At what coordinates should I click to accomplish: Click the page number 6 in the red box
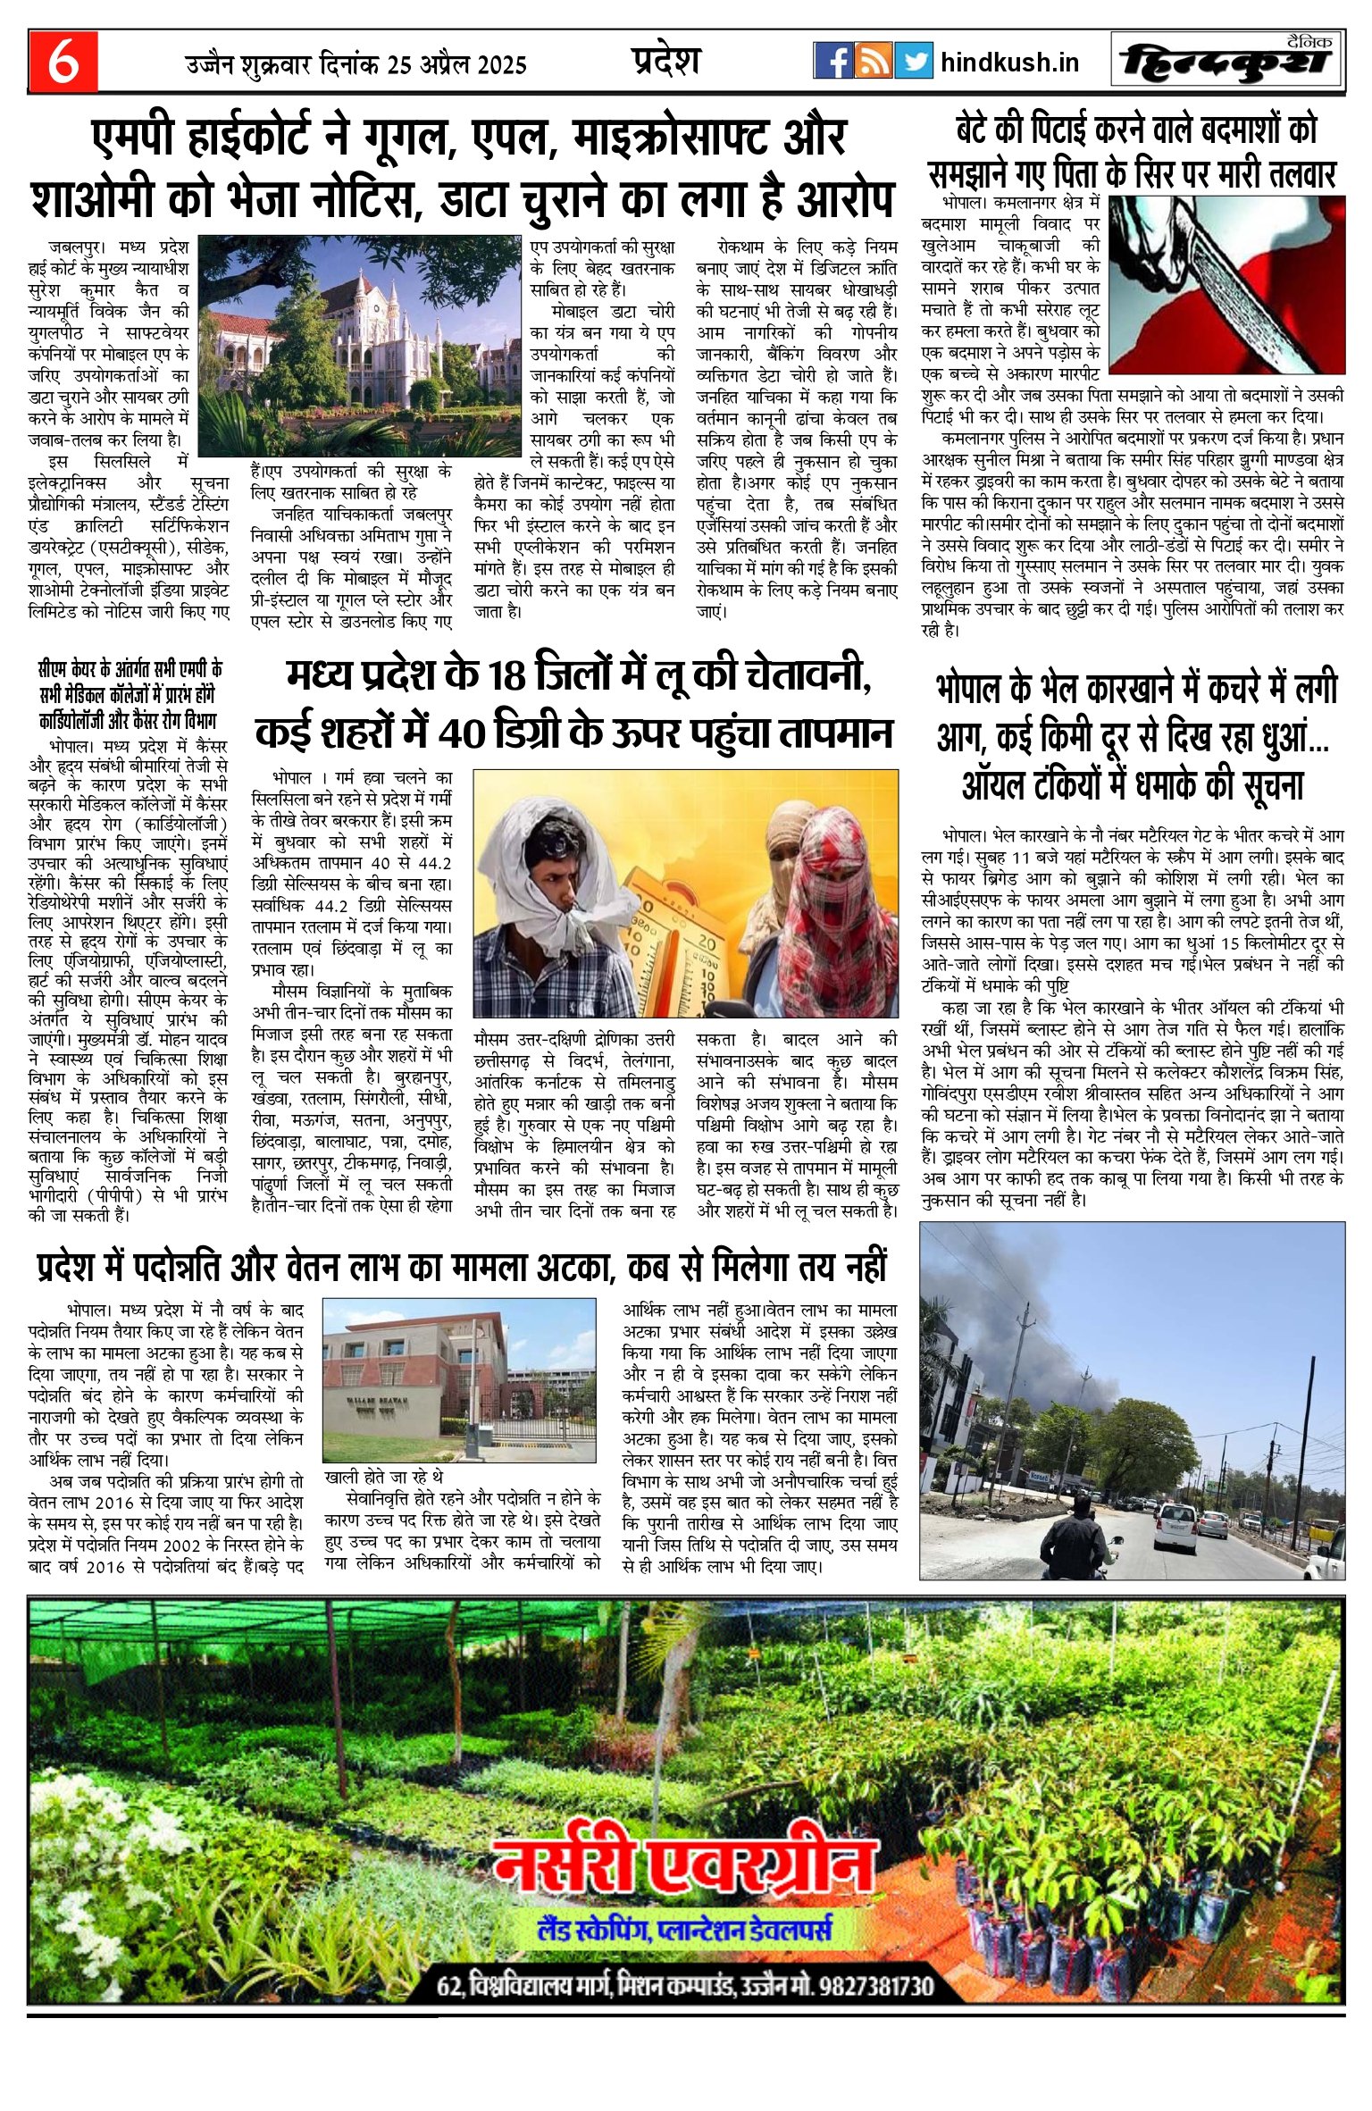[63, 62]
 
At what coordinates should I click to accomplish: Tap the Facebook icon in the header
[832, 61]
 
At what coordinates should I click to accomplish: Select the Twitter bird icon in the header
[914, 61]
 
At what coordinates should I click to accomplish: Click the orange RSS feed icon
[874, 61]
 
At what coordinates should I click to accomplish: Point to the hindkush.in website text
[1009, 63]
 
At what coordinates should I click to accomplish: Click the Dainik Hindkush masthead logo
[1227, 62]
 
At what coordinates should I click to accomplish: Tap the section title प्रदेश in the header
[665, 61]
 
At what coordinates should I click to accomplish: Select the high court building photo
[359, 344]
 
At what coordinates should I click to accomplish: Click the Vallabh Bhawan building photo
[458, 1380]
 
